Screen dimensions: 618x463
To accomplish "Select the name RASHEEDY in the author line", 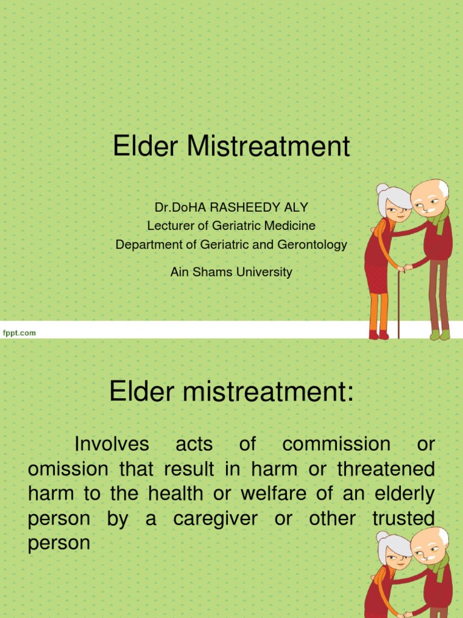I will [244, 208].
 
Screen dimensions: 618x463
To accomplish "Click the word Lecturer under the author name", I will [170, 226].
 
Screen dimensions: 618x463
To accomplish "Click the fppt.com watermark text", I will [19, 333].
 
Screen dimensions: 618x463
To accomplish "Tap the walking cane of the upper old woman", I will [398, 302].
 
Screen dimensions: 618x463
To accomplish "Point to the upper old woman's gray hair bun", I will [382, 189].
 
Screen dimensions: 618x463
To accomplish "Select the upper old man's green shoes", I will [439, 334].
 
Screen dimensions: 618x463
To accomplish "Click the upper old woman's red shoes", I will [379, 334].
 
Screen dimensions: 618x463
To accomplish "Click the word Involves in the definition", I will [112, 444].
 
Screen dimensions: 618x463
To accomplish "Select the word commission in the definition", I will [336, 444].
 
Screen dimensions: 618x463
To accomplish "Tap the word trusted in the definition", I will [403, 518].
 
